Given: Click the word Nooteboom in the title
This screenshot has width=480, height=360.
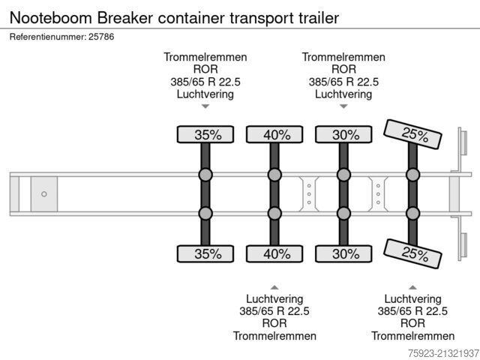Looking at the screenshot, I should pyautogui.click(x=50, y=16).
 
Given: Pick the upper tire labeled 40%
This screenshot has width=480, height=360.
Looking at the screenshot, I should pyautogui.click(x=275, y=135).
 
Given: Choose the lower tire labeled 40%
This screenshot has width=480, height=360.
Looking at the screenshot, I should pyautogui.click(x=275, y=253).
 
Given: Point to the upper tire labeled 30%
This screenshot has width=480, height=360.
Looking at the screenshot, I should pyautogui.click(x=344, y=135).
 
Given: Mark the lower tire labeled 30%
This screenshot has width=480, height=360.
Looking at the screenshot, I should pyautogui.click(x=344, y=253).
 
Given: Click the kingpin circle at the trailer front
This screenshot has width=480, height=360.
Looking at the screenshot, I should pyautogui.click(x=43, y=194).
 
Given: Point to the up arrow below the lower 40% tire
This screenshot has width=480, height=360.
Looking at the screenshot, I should pyautogui.click(x=274, y=286).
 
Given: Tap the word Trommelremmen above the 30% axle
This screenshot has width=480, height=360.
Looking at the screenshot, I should pyautogui.click(x=343, y=57).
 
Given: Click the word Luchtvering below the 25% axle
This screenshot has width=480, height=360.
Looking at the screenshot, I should pyautogui.click(x=412, y=298).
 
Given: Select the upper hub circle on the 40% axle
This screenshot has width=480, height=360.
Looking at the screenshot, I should pyautogui.click(x=275, y=175).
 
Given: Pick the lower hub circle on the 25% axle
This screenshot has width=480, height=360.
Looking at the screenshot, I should pyautogui.click(x=413, y=213).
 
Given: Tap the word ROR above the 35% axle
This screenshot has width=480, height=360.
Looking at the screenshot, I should pyautogui.click(x=205, y=70).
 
